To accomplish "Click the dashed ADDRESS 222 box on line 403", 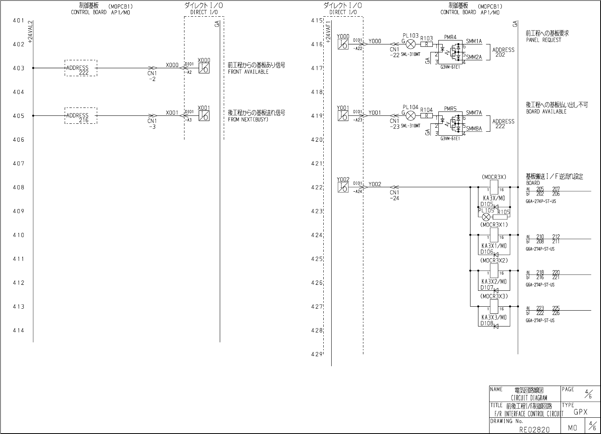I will click(x=81, y=68).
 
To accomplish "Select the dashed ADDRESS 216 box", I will click(x=81, y=115).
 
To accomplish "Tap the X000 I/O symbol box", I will click(x=204, y=68).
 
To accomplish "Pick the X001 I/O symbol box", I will click(x=204, y=115).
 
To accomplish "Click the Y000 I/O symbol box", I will click(x=343, y=44).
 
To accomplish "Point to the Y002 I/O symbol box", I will click(x=343, y=187).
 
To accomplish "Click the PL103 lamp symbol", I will click(x=411, y=44).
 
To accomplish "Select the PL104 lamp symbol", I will click(x=411, y=115).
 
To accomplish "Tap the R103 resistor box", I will click(x=426, y=44).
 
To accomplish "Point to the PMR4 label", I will click(x=450, y=37).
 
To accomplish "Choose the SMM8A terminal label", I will click(x=474, y=129).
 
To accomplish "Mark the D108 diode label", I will click(x=487, y=323).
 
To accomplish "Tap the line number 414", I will click(x=18, y=330).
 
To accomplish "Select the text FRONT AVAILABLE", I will click(x=248, y=72).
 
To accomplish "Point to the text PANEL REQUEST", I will click(x=543, y=40).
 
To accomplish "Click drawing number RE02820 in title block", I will click(x=534, y=429).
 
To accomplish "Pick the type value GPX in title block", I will click(x=580, y=412).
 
